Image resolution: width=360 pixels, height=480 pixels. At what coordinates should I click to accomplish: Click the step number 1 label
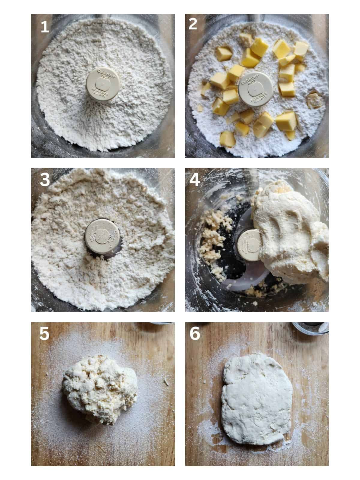[x=45, y=27]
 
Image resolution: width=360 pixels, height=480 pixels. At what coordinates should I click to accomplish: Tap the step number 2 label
[x=193, y=24]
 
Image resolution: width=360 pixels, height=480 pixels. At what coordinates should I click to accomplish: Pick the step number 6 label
[x=195, y=334]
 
